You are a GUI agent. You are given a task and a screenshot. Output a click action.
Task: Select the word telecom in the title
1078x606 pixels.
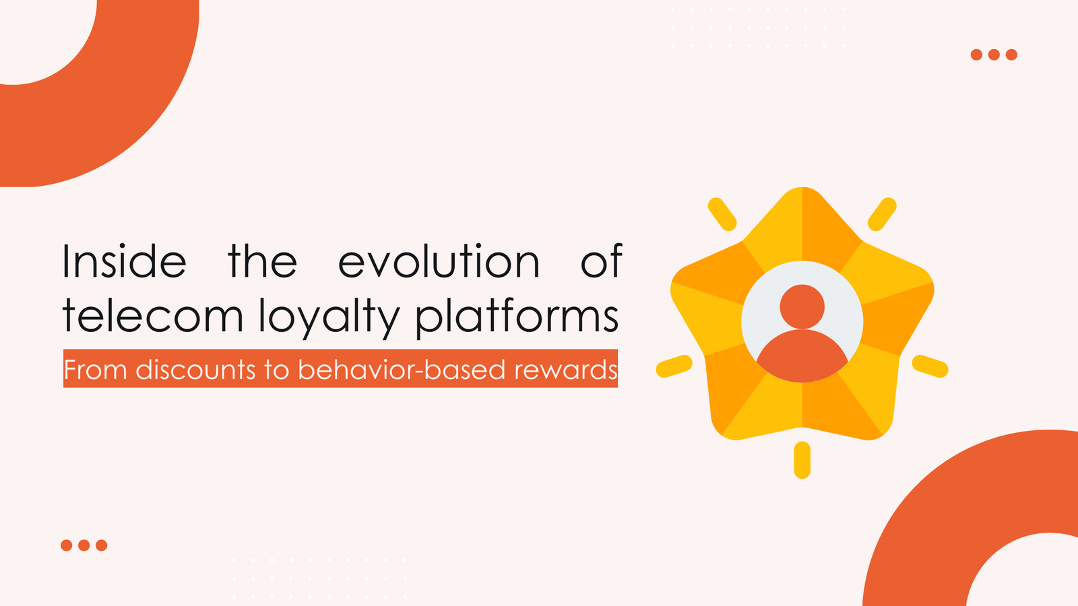pos(152,316)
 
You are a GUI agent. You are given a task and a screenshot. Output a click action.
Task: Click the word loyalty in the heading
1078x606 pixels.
pos(330,316)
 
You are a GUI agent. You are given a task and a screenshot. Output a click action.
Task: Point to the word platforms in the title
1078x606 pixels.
pos(517,316)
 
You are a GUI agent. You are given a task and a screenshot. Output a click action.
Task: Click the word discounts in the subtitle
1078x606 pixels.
pos(195,370)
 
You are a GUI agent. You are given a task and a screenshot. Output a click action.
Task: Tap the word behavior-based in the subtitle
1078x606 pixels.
pos(402,370)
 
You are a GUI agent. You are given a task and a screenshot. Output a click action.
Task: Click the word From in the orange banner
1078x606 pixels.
pos(95,370)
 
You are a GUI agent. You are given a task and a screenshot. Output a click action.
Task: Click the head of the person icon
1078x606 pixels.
pos(802,306)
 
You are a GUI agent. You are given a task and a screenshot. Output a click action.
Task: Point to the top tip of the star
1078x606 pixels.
pos(802,195)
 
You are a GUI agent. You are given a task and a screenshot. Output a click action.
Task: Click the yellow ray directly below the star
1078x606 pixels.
pos(802,460)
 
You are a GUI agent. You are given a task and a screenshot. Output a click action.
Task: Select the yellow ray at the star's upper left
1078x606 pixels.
pos(722,214)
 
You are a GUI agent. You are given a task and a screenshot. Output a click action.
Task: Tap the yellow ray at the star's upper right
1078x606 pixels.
pos(882,214)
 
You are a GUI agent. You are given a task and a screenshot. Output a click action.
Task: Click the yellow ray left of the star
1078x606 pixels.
pos(674,366)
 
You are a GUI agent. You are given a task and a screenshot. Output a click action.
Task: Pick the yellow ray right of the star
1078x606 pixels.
pos(930,366)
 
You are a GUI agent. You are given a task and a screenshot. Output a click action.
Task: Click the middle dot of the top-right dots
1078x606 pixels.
pos(994,55)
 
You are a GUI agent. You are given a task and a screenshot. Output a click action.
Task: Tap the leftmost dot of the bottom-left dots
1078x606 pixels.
pos(66,545)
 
